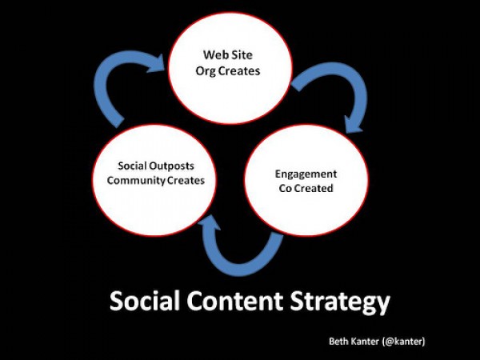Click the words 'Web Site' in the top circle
[228, 55]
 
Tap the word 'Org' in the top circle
[206, 71]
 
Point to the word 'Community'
[132, 181]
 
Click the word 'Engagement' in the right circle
[306, 174]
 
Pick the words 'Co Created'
[306, 188]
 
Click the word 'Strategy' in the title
[340, 302]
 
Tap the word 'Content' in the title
[235, 301]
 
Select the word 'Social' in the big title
[145, 301]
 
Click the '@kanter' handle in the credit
[404, 341]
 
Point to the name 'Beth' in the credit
[338, 341]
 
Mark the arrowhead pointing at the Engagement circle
[354, 125]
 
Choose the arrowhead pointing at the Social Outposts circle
[209, 222]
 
